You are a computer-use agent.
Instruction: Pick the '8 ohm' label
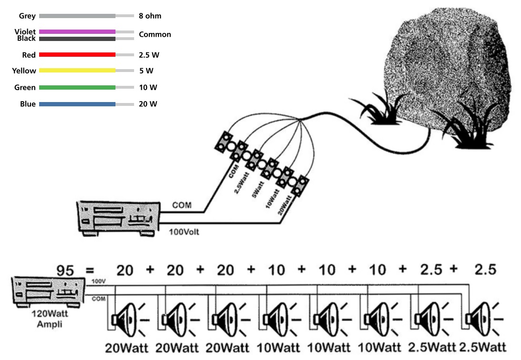tap(150, 16)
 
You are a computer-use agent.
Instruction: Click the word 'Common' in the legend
tap(155, 34)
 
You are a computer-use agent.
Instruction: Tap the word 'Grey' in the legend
tap(27, 16)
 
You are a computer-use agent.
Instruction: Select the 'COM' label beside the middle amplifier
tap(182, 206)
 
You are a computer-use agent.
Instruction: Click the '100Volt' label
tap(184, 232)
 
